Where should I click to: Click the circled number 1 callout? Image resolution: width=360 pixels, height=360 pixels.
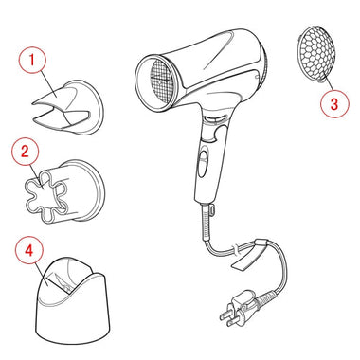point(32,60)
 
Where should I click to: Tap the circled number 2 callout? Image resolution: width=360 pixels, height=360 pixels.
point(25,152)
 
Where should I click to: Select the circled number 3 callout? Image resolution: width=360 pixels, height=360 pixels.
point(334,104)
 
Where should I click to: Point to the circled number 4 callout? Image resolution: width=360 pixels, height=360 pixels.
point(29,251)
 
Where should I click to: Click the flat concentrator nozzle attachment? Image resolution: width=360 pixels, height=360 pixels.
point(69,107)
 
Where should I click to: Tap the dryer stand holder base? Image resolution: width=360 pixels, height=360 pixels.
point(73,300)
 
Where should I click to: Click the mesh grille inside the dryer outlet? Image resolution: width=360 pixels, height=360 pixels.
point(161,82)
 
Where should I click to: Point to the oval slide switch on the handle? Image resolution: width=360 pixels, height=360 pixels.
point(204,163)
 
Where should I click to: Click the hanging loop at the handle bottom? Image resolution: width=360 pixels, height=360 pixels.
point(212,208)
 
